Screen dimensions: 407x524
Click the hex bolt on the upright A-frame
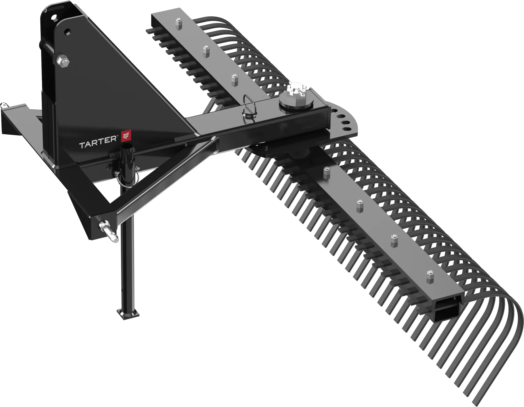pyautogui.click(x=62, y=61)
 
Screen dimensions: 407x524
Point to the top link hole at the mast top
pyautogui.click(x=54, y=17)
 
